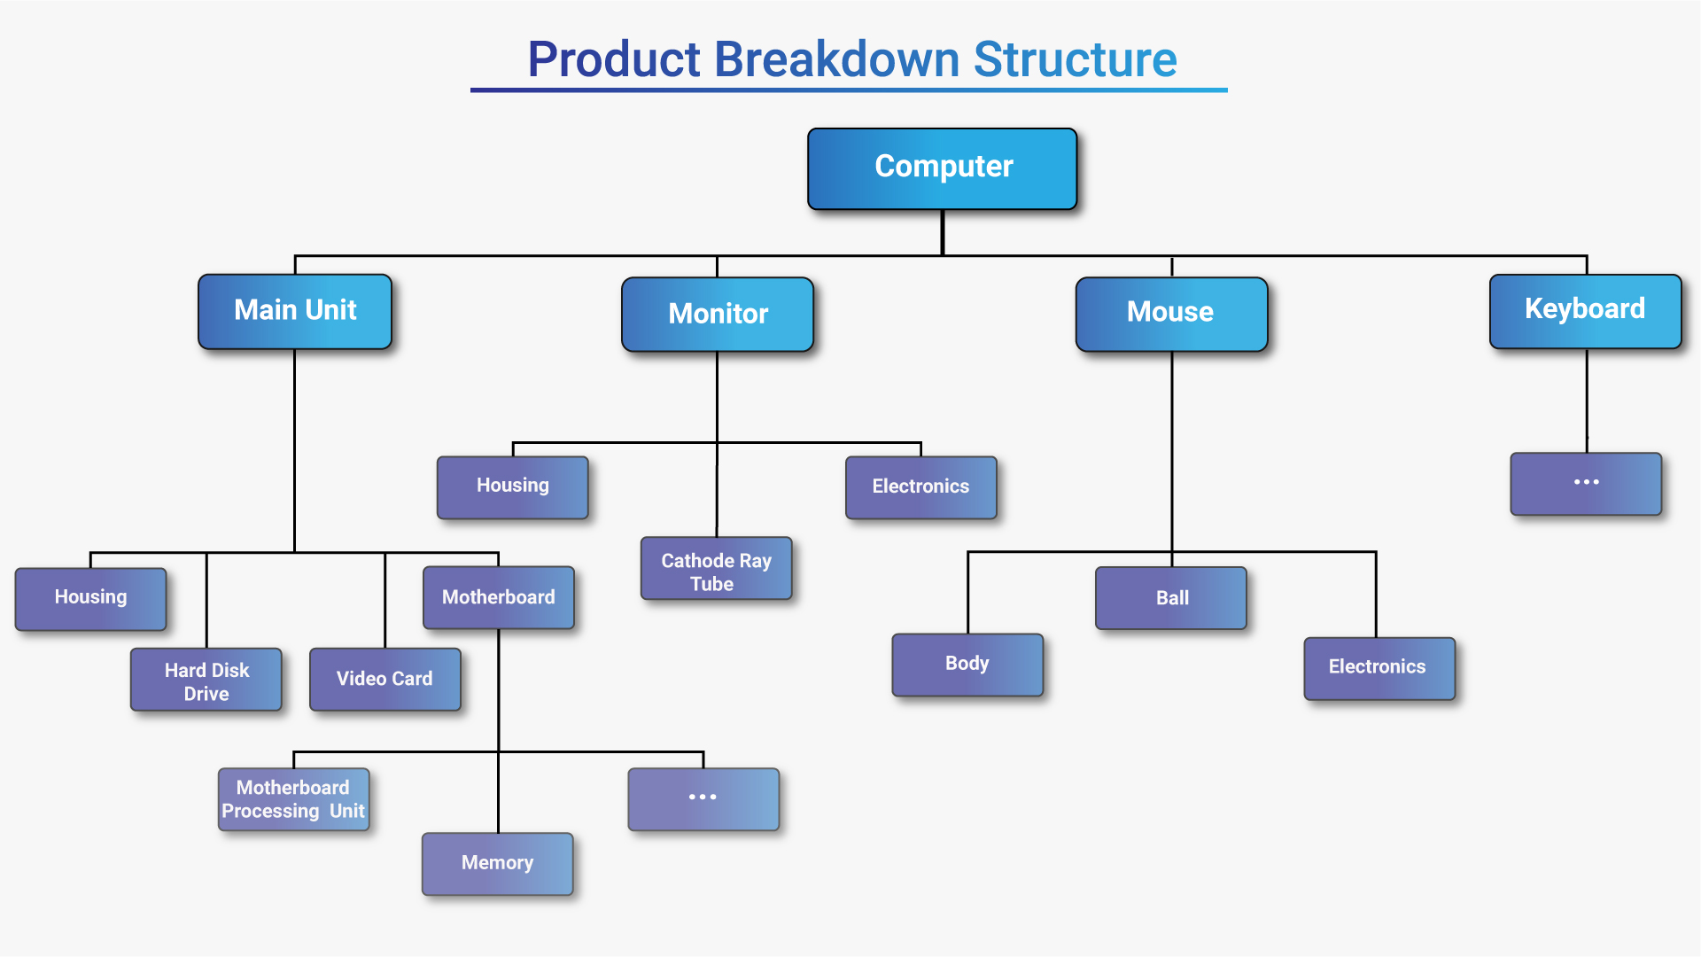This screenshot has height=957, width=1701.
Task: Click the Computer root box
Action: point(943,168)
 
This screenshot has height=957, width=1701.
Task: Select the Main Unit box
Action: point(295,311)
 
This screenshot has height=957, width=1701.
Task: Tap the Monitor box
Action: point(718,315)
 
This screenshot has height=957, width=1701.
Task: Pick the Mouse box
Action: point(1171,314)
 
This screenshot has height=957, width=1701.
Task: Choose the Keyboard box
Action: point(1585,310)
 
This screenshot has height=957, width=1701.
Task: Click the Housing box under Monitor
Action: point(513,486)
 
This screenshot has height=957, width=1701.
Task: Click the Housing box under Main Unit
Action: point(90,598)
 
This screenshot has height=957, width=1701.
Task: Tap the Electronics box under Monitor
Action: point(920,487)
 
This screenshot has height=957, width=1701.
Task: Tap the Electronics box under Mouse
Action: point(1379,668)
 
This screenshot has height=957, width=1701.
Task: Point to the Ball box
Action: point(1171,598)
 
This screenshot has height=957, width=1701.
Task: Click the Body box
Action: point(967,665)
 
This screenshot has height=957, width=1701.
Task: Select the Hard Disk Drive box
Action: point(206,680)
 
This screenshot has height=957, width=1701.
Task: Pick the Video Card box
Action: point(384,680)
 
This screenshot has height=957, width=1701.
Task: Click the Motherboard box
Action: point(499,598)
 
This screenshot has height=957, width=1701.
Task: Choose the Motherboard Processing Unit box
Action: point(293,799)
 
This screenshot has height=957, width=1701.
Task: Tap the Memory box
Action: point(497,864)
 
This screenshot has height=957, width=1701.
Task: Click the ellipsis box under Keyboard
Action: point(1586,484)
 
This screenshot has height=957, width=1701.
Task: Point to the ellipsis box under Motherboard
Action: point(703,799)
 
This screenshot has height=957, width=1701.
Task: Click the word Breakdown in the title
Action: point(836,59)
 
